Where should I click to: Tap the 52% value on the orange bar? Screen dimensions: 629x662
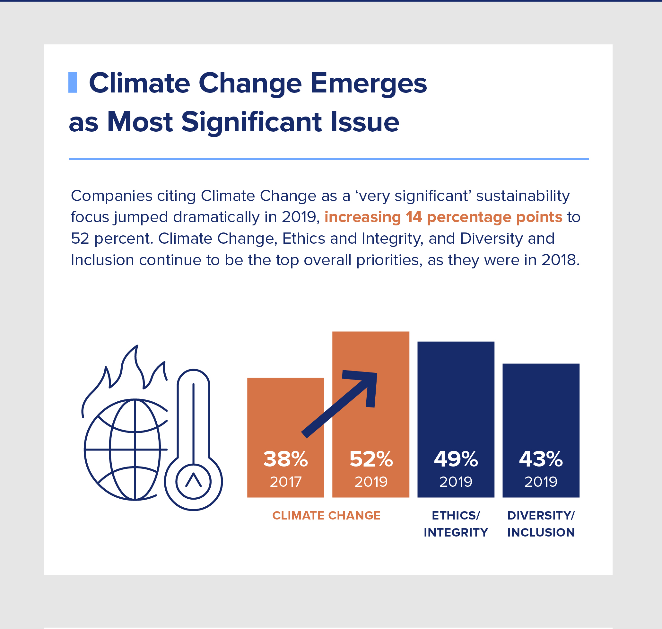371,459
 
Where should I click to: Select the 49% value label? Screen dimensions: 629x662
456,459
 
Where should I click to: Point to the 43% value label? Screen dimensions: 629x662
541,459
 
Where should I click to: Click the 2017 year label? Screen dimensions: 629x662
286,482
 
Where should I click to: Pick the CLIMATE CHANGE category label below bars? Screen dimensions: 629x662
326,515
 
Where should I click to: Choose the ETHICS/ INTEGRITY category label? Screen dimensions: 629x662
456,524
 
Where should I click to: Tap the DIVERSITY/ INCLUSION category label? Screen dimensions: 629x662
541,524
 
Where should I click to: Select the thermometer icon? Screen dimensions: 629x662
193,439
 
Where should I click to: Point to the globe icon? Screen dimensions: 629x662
126,449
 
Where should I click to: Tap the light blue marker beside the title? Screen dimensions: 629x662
73,83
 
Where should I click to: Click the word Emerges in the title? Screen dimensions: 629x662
368,83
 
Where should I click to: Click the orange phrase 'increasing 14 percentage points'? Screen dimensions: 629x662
443,217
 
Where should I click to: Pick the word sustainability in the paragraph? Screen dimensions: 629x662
523,196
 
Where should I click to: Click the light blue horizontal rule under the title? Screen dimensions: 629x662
328,159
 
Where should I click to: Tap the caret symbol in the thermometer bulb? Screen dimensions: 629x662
193,480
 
